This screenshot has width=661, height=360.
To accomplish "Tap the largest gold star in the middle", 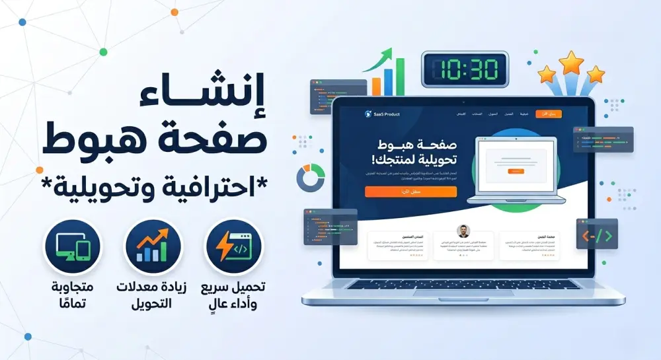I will click(x=570, y=64).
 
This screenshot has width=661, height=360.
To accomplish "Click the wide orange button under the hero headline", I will click(x=410, y=192).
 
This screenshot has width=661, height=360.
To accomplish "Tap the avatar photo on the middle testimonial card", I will click(x=463, y=231).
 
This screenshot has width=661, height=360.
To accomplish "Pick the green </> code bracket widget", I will click(x=596, y=234).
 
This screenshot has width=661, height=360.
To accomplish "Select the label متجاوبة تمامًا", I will click(x=73, y=295).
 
